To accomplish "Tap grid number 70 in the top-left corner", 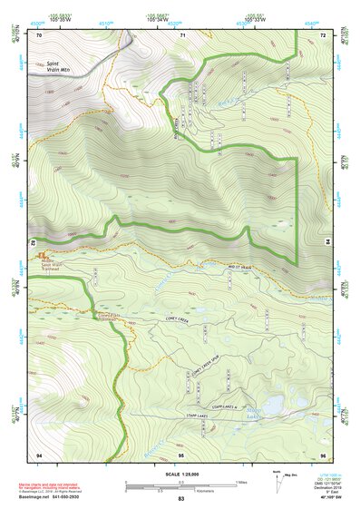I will [39, 34].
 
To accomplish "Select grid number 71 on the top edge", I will [182, 34].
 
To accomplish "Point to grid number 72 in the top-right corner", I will [324, 34].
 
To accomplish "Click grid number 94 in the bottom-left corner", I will [39, 454].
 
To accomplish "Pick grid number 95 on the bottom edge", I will [181, 454].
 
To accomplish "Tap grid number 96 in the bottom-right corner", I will [323, 454].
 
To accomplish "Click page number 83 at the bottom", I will [181, 500].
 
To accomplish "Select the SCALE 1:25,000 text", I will [180, 475].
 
